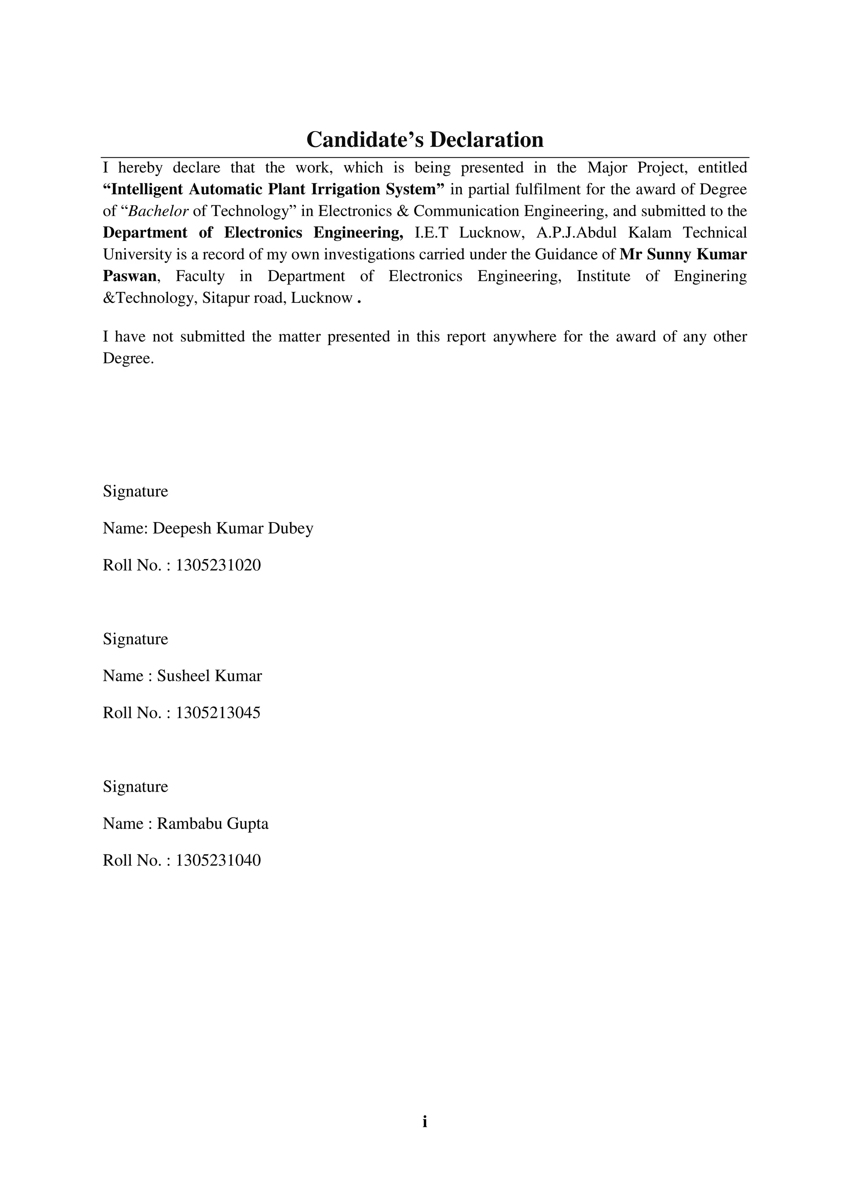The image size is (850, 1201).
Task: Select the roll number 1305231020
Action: click(x=218, y=565)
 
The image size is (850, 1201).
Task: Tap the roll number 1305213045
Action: click(x=218, y=713)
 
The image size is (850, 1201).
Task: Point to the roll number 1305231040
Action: click(x=218, y=861)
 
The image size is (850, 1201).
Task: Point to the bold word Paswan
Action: click(x=129, y=276)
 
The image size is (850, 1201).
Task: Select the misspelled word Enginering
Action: click(x=710, y=276)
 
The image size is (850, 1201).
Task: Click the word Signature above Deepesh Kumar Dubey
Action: click(x=135, y=491)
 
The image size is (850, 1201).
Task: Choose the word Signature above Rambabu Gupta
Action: click(x=135, y=786)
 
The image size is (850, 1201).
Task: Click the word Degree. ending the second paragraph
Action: click(x=128, y=358)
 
